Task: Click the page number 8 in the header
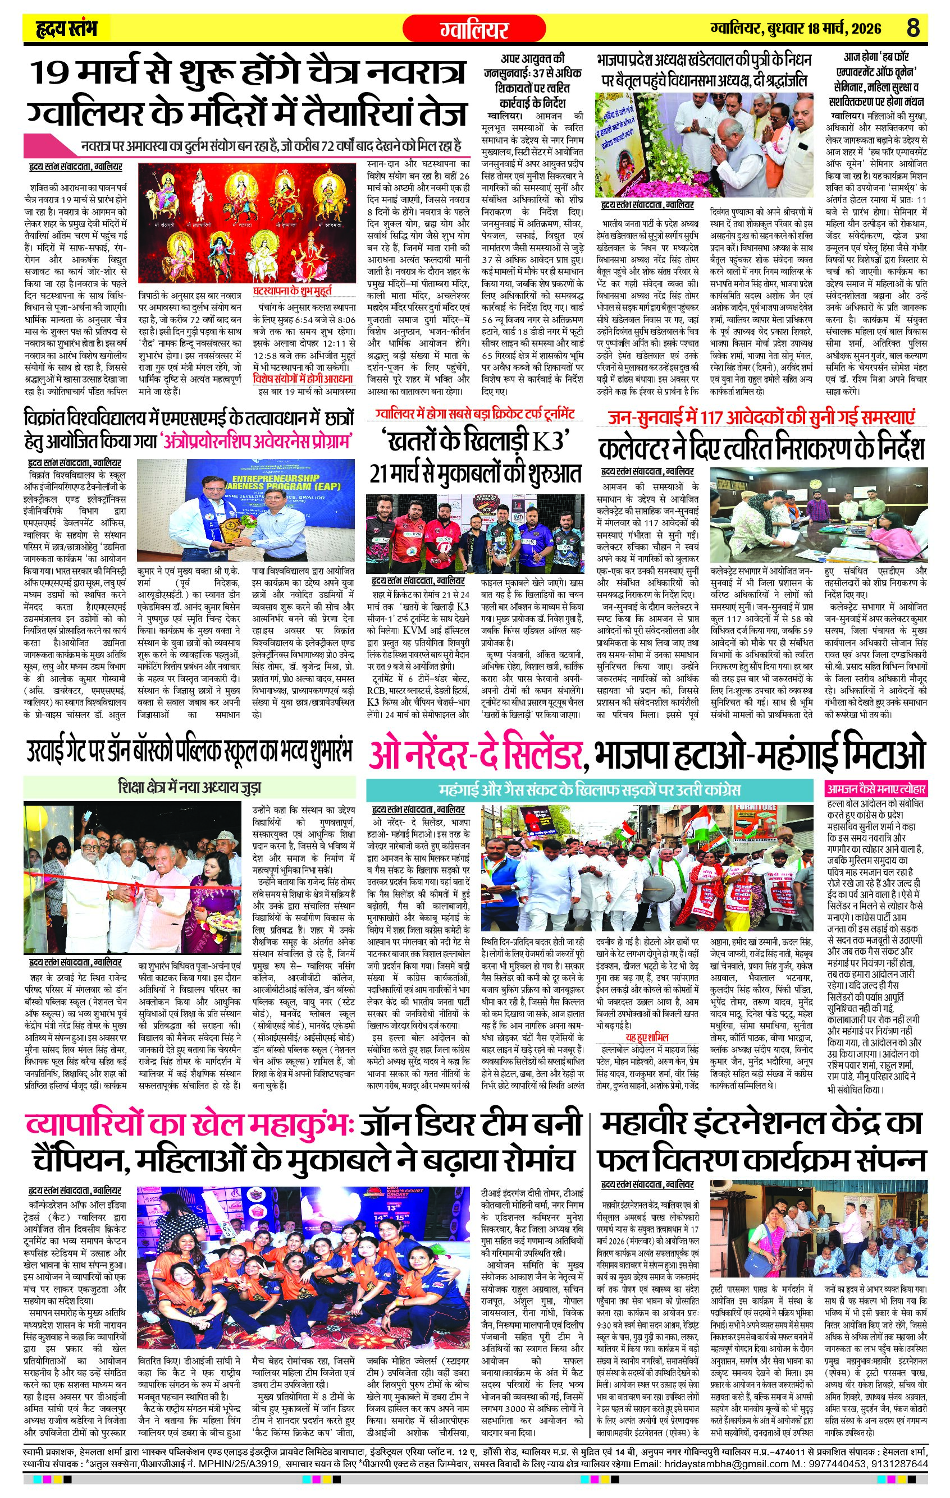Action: (912, 28)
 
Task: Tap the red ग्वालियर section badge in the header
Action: (474, 29)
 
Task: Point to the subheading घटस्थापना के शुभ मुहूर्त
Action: (292, 291)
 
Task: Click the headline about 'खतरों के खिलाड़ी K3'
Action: (476, 457)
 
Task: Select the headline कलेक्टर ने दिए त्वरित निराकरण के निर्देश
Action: (761, 448)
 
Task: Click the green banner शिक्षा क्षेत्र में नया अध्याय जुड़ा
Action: (189, 788)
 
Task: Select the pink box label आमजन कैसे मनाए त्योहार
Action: (876, 789)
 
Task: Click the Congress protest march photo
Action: (651, 869)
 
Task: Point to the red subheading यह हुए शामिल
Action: (647, 1037)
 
